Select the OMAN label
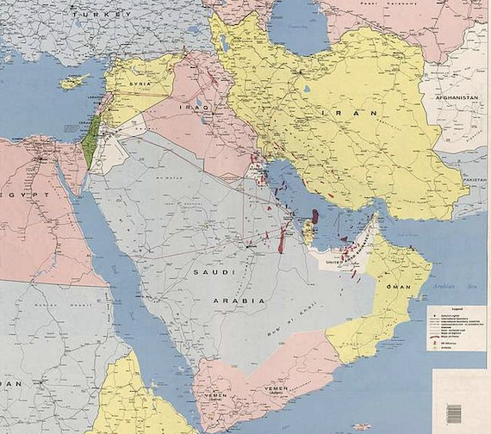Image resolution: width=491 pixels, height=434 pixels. (x=398, y=286)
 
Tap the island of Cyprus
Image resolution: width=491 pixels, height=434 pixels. (x=75, y=83)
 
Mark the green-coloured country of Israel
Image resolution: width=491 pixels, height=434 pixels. (x=89, y=141)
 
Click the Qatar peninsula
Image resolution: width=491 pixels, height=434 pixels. (x=308, y=229)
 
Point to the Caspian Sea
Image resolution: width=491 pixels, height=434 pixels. (x=297, y=26)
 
